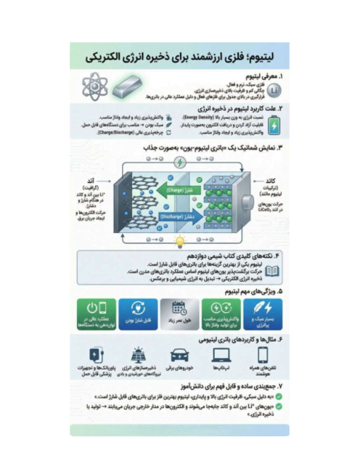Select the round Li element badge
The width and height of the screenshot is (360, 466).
pyautogui.click(x=274, y=89)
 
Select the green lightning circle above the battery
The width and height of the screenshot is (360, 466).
pyautogui.click(x=181, y=163)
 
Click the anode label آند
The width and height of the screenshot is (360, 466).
pyautogui.click(x=91, y=180)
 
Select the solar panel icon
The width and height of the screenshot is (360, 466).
pyautogui.click(x=137, y=355)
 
